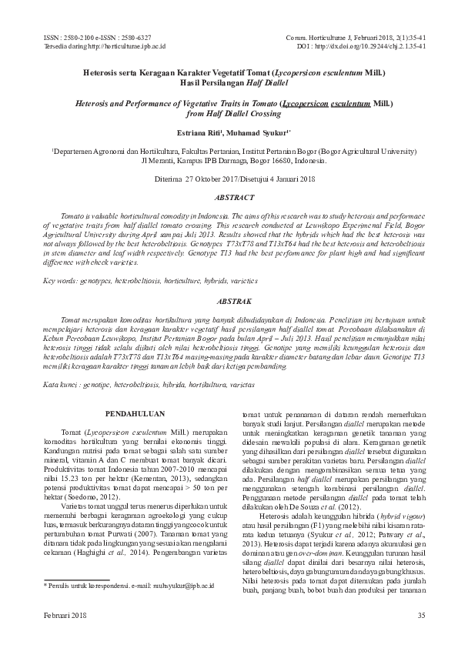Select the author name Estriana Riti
tap(199, 132)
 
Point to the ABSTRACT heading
tap(229, 197)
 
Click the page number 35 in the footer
tap(420, 614)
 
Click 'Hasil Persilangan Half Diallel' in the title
tap(229, 81)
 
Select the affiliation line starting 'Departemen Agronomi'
tap(229, 152)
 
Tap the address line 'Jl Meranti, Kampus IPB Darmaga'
tap(229, 162)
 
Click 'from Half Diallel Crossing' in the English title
tap(229, 111)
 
